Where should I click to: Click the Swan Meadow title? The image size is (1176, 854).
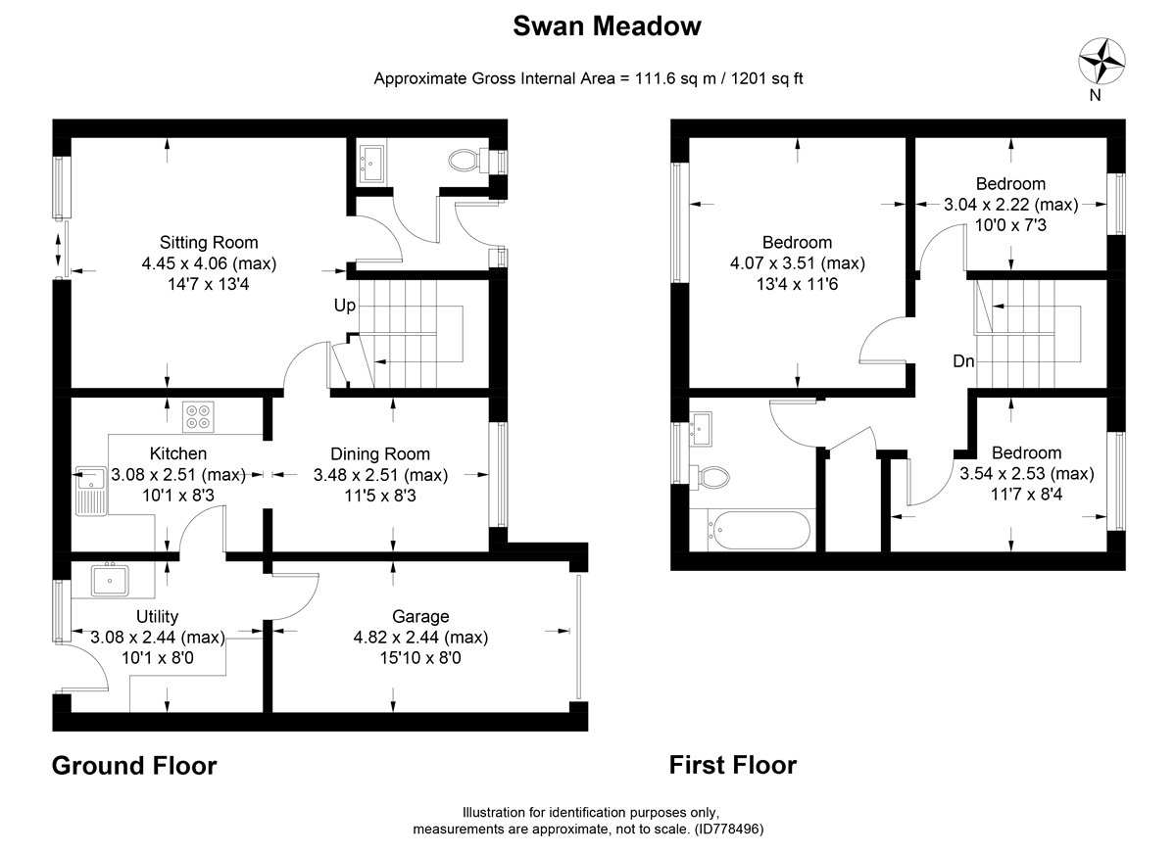click(608, 26)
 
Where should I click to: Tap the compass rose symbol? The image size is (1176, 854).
click(1101, 61)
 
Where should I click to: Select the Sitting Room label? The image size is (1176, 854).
click(209, 242)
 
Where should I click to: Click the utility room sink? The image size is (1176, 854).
click(111, 579)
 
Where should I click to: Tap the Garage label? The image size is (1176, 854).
click(420, 616)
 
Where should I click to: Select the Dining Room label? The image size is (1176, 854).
click(379, 453)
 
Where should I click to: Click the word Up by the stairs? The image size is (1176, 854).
click(344, 306)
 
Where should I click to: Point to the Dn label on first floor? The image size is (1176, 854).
click(963, 361)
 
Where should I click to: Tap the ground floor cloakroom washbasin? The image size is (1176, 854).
click(372, 162)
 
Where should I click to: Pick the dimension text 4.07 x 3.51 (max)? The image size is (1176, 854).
click(797, 263)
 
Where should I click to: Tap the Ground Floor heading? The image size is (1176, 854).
click(134, 765)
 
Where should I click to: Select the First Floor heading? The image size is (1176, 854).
click(733, 764)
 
